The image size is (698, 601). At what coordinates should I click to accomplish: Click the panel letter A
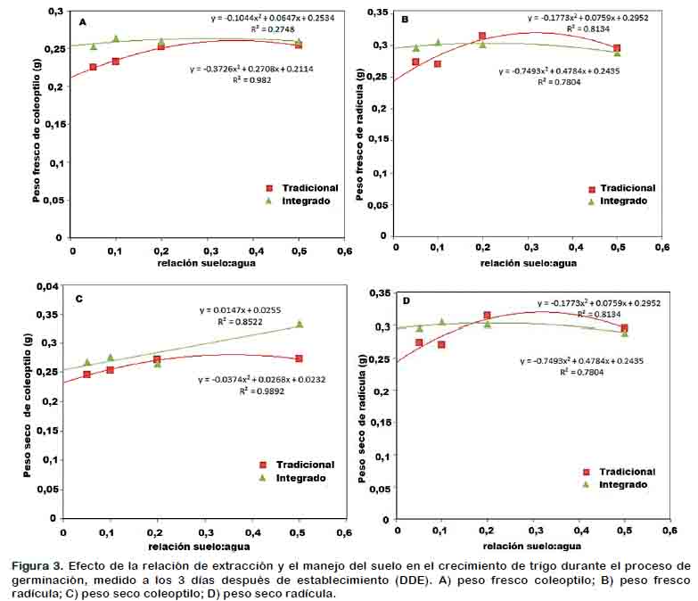point(83,21)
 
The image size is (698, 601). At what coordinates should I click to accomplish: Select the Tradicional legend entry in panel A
point(302,188)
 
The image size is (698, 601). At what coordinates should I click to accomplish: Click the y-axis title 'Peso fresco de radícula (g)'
point(360,128)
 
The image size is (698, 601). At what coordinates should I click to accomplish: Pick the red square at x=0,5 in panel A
point(299,44)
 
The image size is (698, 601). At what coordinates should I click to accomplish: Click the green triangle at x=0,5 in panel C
point(300,324)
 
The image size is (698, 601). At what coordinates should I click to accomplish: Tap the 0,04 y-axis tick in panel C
point(45,285)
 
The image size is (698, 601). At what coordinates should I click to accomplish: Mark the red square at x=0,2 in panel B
point(482,37)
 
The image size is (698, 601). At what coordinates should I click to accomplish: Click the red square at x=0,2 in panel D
point(487,316)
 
